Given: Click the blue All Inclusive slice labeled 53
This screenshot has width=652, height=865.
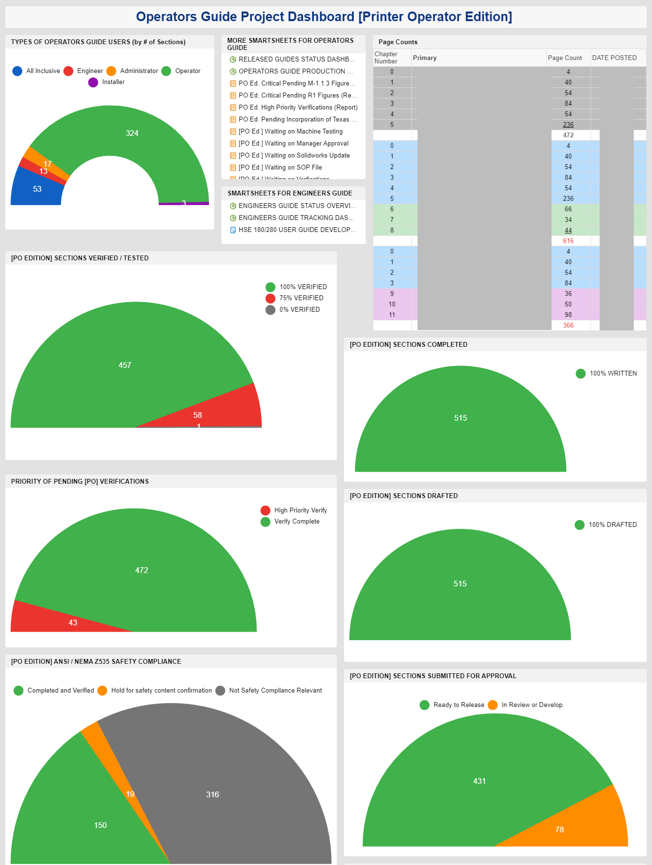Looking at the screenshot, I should [37, 189].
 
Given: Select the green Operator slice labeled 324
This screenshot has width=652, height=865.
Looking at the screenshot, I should [132, 133].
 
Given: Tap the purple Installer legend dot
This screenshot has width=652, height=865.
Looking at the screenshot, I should [93, 83].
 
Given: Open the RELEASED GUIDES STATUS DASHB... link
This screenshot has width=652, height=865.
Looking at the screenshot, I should [296, 60].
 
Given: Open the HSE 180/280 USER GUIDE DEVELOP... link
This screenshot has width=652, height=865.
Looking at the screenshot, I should [297, 230].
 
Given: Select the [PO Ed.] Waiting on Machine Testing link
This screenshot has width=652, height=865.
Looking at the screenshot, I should [290, 132].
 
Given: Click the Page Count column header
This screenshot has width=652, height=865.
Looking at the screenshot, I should [565, 58].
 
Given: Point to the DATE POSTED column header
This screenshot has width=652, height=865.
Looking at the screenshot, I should [614, 58].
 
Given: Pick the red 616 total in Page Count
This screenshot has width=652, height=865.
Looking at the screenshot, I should [568, 241].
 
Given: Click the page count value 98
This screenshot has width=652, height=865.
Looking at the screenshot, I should [568, 315].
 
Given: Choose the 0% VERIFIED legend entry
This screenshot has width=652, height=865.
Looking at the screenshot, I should [299, 310].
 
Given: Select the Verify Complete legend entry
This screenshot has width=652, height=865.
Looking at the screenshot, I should [296, 522].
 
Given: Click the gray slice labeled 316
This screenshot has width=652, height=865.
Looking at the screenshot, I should [212, 794].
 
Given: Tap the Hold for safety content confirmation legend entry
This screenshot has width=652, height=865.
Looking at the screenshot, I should [161, 691].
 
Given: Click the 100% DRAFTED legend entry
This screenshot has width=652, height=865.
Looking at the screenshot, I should [612, 525].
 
